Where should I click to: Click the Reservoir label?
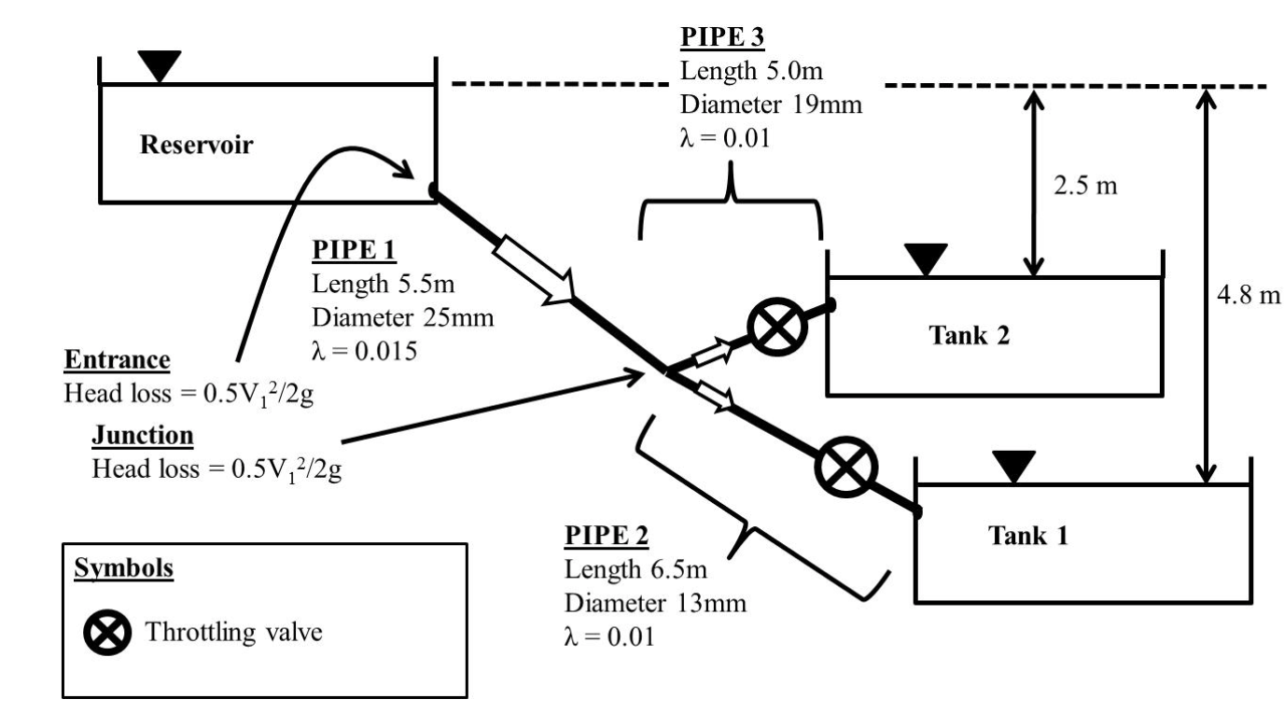(x=197, y=145)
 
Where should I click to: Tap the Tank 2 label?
(x=970, y=335)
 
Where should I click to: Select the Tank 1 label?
(x=1028, y=536)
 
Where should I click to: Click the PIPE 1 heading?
(x=354, y=250)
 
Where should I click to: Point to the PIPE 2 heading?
(x=607, y=536)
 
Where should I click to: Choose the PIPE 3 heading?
(x=722, y=36)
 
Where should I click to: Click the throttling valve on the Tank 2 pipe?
(x=777, y=328)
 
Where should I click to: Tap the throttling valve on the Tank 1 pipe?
(x=846, y=467)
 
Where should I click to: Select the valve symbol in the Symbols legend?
(x=107, y=633)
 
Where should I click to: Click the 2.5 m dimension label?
(x=1085, y=186)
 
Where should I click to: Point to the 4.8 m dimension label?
(x=1249, y=295)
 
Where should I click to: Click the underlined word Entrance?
(x=117, y=360)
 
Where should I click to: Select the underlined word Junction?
(x=143, y=436)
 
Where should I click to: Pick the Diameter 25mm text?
(x=403, y=317)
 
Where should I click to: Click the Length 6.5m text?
(x=635, y=569)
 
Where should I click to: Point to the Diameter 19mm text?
(x=772, y=105)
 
